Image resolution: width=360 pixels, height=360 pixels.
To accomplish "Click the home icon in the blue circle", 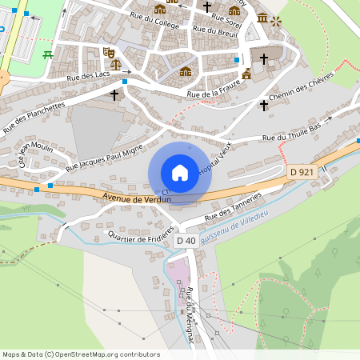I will pyautogui.click(x=180, y=172).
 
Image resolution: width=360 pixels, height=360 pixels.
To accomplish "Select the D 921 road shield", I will pyautogui.click(x=302, y=172).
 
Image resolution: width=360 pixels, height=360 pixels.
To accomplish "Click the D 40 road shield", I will pyautogui.click(x=186, y=241).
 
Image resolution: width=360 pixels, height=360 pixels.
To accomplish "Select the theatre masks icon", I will pyautogui.click(x=109, y=51).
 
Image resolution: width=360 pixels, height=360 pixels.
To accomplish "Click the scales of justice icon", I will pyautogui.click(x=114, y=62).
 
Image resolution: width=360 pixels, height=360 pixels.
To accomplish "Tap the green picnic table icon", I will pyautogui.click(x=47, y=54).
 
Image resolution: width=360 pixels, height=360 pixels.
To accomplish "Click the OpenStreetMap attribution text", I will pyautogui.click(x=81, y=354).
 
